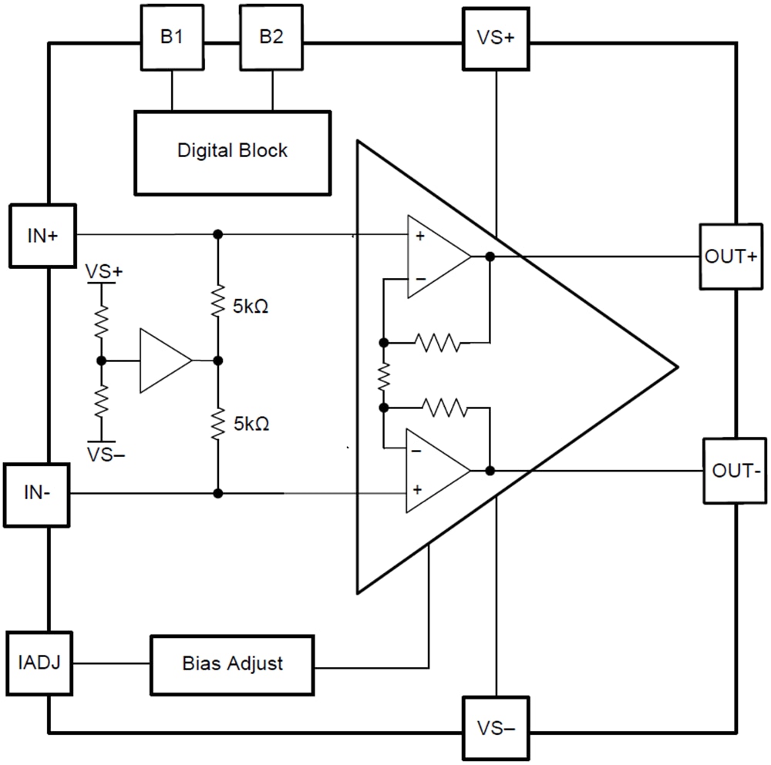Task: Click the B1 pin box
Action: pyautogui.click(x=171, y=38)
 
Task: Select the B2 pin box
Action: pyautogui.click(x=271, y=38)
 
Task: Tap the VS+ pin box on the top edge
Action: pyautogui.click(x=495, y=38)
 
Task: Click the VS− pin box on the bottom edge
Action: pyautogui.click(x=495, y=728)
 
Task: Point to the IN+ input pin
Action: pyautogui.click(x=42, y=236)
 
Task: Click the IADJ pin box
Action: pyautogui.click(x=40, y=663)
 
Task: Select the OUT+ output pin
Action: pyautogui.click(x=731, y=257)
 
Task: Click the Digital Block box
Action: pyautogui.click(x=232, y=152)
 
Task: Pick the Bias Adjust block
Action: pyautogui.click(x=232, y=663)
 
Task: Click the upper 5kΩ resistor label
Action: pyautogui.click(x=251, y=307)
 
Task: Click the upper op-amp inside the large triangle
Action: pyautogui.click(x=436, y=256)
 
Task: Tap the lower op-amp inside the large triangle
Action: pyautogui.click(x=436, y=470)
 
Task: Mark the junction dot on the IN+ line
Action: pyautogui.click(x=218, y=233)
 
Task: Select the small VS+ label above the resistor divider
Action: pyautogui.click(x=105, y=273)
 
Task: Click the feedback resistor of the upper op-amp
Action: pyautogui.click(x=437, y=341)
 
